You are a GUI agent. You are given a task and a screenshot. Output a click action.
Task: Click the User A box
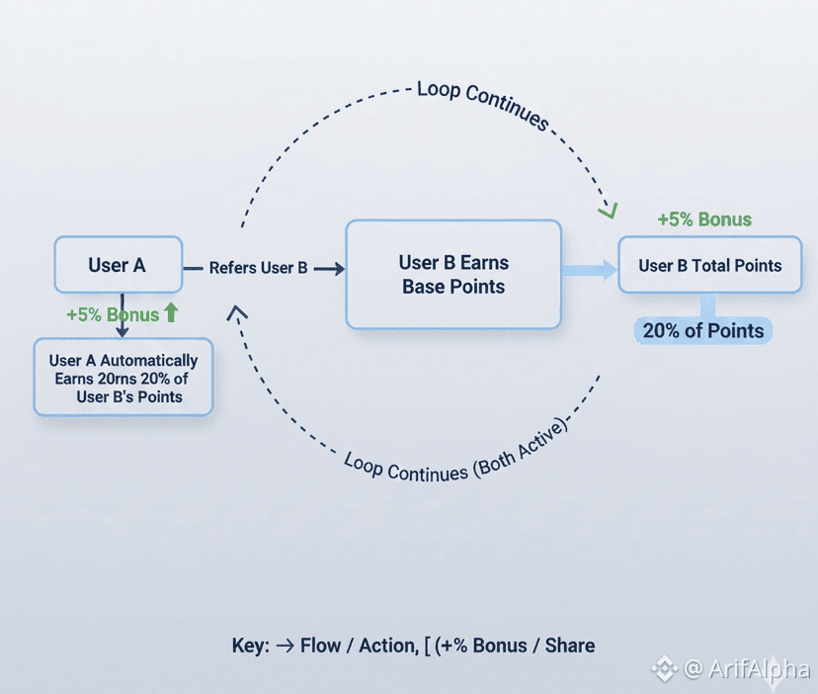[x=119, y=264]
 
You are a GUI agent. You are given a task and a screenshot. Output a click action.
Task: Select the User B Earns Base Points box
[x=453, y=274]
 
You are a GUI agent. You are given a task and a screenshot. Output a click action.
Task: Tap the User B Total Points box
[x=709, y=264]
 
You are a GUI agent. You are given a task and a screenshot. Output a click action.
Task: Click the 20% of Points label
[x=703, y=331]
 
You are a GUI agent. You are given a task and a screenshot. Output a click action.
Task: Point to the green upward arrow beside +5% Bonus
[x=171, y=313]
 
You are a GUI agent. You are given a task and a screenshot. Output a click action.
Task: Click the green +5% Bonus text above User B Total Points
[x=704, y=219]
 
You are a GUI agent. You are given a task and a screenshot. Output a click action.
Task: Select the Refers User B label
[x=258, y=268]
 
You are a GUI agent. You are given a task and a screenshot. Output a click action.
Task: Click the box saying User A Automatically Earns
[x=123, y=377]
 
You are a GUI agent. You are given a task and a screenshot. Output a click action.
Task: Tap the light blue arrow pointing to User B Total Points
[x=590, y=268]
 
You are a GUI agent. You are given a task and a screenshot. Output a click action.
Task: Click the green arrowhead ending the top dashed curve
[x=607, y=210]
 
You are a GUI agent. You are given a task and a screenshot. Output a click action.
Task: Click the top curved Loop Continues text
[x=483, y=103]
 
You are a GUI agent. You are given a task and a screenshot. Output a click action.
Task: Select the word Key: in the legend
[x=249, y=646]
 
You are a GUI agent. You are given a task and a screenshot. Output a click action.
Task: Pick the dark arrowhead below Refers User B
[x=237, y=313]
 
